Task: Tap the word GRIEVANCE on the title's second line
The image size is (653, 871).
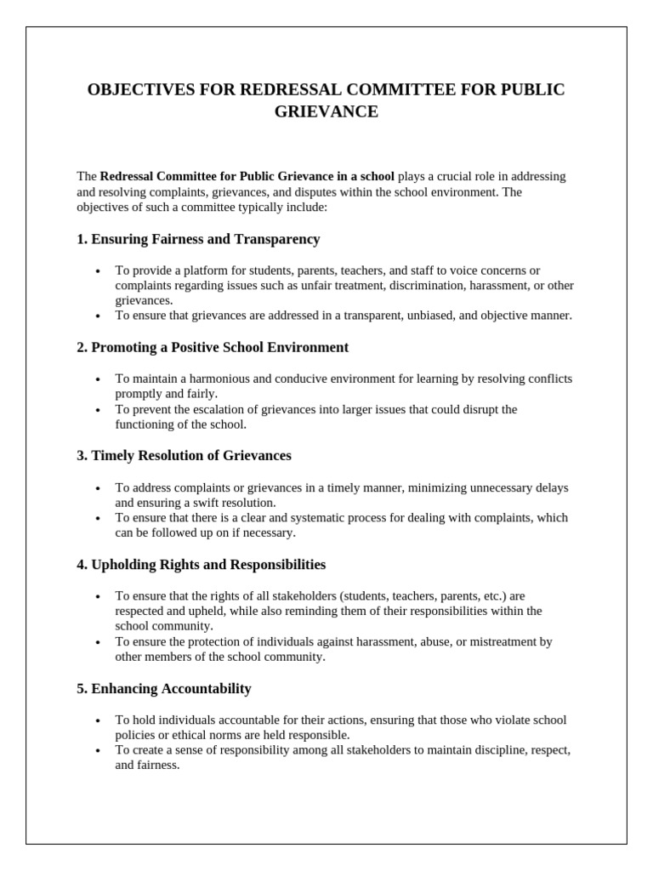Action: (326, 112)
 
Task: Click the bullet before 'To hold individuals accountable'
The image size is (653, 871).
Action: (98, 720)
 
